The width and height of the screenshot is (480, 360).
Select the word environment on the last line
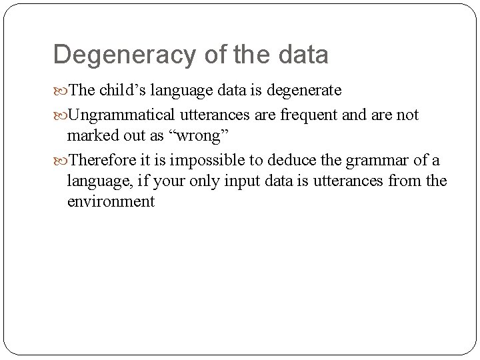(111, 201)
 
